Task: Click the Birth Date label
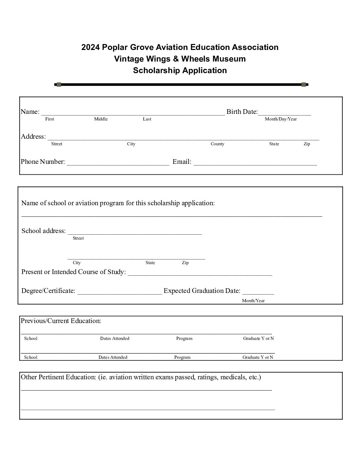(242, 112)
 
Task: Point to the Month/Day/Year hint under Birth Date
(281, 119)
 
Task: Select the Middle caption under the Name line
(101, 119)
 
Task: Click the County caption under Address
(217, 144)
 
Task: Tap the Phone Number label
(43, 162)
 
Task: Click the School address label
(43, 231)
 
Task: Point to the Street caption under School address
(78, 238)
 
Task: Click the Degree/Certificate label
(48, 291)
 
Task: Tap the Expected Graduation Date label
(202, 291)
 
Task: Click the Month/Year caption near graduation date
(253, 301)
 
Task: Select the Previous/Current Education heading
(61, 321)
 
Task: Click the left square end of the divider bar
(59, 85)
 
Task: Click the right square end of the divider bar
(304, 85)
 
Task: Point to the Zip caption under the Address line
(307, 144)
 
